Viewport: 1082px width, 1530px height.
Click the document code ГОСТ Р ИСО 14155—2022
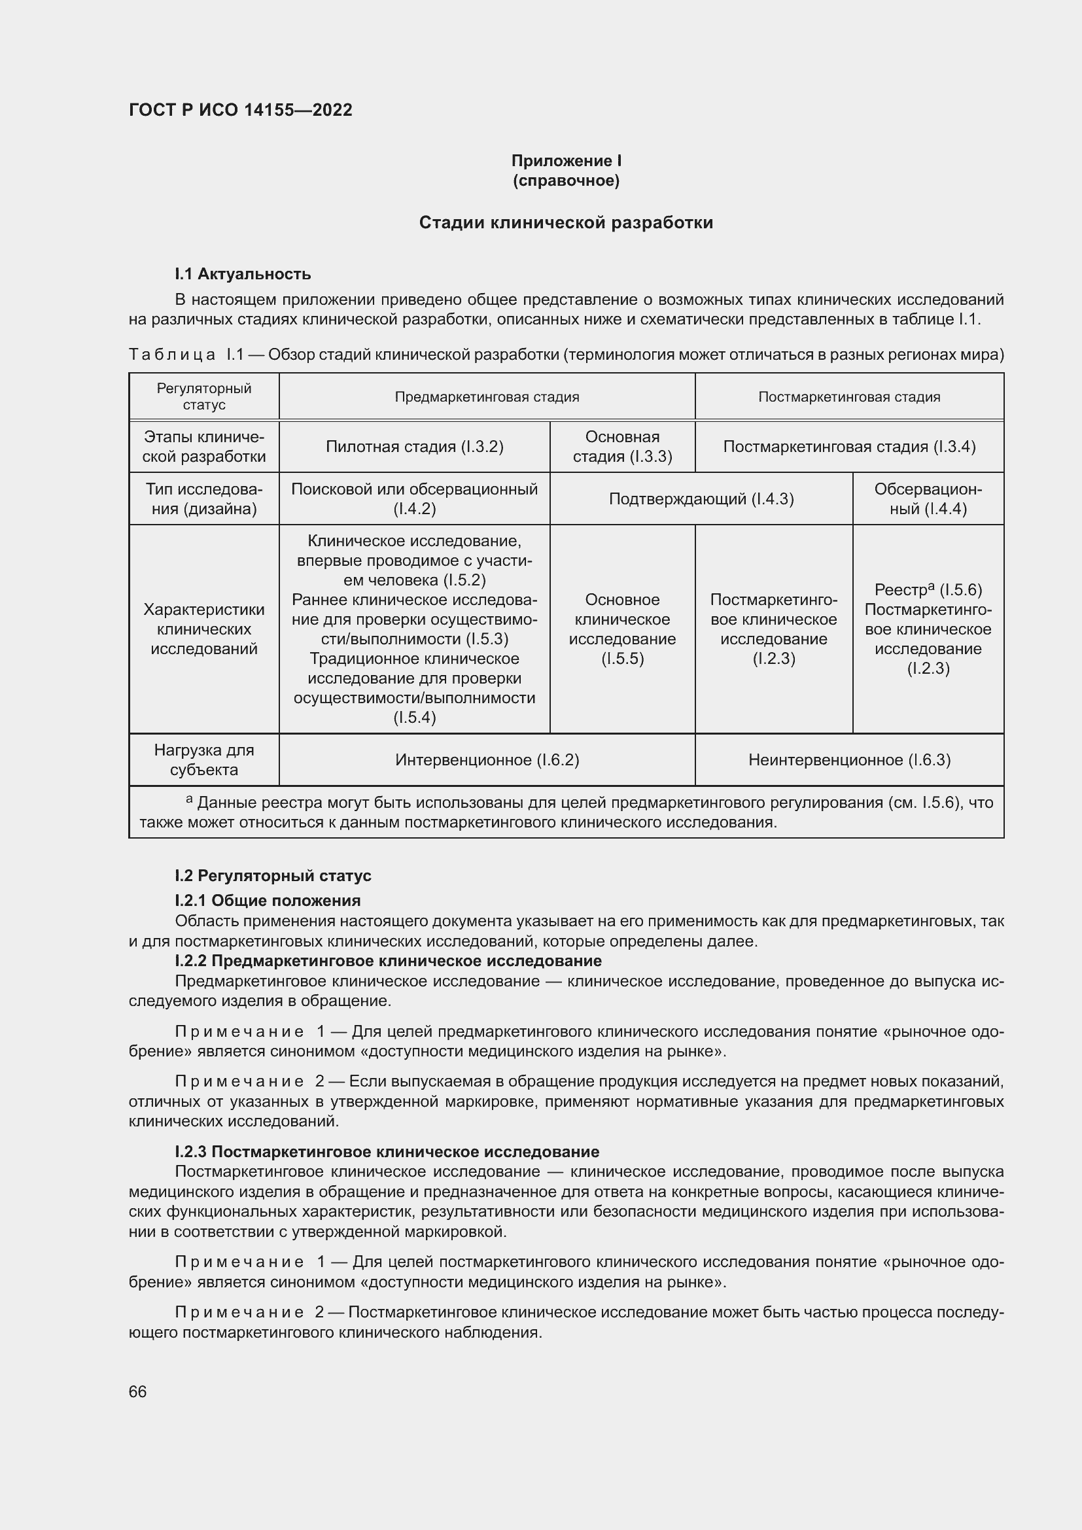coord(240,110)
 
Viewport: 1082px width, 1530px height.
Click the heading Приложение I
coord(567,161)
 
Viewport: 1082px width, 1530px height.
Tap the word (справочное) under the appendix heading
coord(567,181)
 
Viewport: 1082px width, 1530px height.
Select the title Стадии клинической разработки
coord(566,222)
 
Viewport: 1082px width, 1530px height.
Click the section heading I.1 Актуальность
coord(243,274)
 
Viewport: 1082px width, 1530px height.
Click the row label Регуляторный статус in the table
coord(204,396)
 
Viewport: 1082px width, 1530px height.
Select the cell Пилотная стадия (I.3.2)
coord(414,447)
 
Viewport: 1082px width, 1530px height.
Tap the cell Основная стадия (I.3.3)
coord(622,447)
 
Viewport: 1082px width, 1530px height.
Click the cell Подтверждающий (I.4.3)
coord(701,499)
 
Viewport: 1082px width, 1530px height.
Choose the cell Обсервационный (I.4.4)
coord(928,499)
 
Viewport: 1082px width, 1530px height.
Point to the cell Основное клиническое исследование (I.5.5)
coord(622,629)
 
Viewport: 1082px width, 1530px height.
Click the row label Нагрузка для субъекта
coord(204,759)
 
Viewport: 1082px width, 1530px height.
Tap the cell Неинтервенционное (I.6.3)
coord(849,759)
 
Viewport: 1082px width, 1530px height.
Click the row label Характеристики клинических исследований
coord(204,629)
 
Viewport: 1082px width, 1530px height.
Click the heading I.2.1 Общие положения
coord(267,901)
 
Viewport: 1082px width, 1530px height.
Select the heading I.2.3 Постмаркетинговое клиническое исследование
coord(387,1151)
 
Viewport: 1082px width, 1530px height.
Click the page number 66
coord(138,1392)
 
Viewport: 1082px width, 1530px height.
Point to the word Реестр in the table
coord(900,591)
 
